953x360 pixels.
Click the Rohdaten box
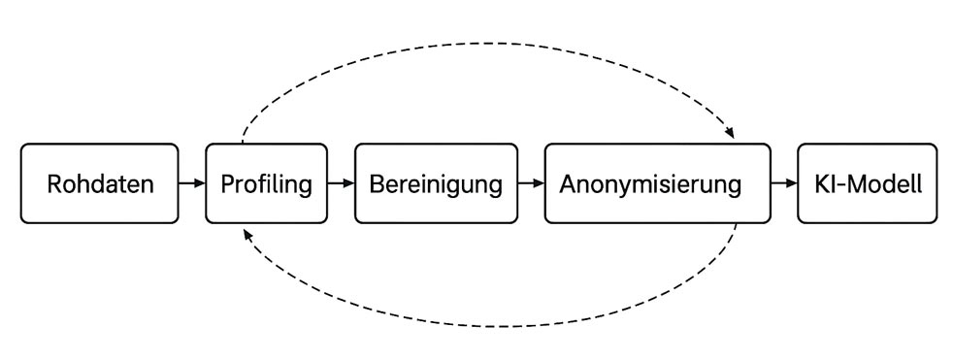tap(99, 183)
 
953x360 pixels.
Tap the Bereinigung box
tap(435, 183)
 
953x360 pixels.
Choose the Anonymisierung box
tap(657, 183)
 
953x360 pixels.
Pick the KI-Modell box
tap(867, 183)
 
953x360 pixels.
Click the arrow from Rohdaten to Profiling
tap(192, 183)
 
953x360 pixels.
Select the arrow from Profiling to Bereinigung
tap(342, 183)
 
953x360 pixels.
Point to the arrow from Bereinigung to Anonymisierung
tap(530, 183)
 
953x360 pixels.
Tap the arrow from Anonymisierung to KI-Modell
tap(784, 183)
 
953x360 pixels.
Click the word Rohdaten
tap(100, 184)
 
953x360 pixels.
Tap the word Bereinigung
tap(435, 184)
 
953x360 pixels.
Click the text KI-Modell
tap(867, 183)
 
